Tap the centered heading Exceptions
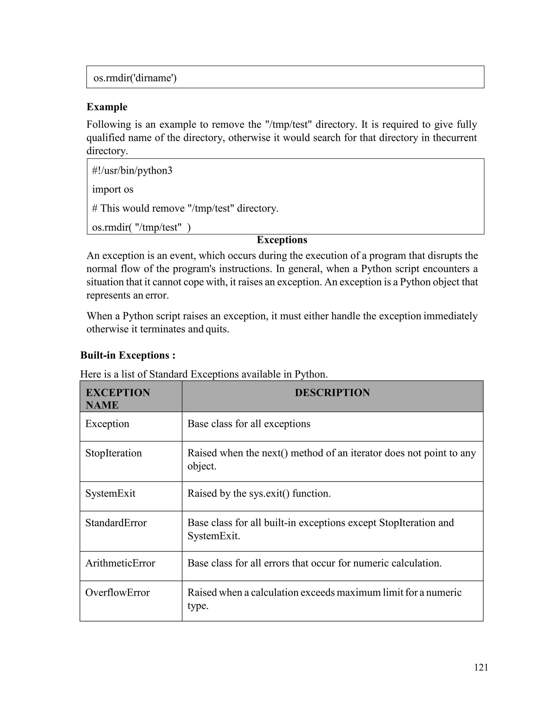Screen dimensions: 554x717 (x=282, y=240)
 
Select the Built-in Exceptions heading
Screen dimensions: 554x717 (x=128, y=355)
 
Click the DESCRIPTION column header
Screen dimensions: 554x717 (x=332, y=393)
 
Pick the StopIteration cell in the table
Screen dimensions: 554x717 (x=114, y=453)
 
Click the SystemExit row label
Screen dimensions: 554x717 (x=110, y=494)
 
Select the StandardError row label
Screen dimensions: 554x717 (x=116, y=523)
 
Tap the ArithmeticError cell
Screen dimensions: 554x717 (x=120, y=563)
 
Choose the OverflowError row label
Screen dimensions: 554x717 (x=117, y=592)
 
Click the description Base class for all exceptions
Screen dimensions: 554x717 (x=249, y=424)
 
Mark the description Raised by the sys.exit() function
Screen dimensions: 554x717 (x=259, y=494)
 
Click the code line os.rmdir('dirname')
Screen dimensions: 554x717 (x=135, y=78)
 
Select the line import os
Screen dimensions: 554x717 (x=113, y=189)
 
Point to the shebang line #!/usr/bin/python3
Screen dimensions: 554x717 (x=132, y=171)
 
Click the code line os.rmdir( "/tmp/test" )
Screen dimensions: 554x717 (x=141, y=227)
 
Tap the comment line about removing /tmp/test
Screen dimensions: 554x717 (x=185, y=208)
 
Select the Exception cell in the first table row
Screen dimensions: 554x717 (x=107, y=424)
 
